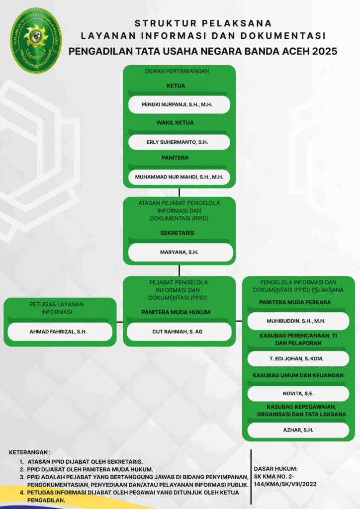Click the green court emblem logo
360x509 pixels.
(36, 40)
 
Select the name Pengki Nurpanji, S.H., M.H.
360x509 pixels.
(177, 104)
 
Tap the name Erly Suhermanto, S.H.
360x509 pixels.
(177, 142)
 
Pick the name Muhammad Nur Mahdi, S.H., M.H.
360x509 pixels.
(179, 177)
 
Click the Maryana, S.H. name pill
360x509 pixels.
(180, 252)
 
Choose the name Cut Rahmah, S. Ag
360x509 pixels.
(177, 332)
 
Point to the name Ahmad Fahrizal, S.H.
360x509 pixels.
(58, 332)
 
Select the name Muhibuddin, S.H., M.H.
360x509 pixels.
(296, 321)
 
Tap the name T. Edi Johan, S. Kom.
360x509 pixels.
(296, 359)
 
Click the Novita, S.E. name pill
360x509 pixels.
(298, 394)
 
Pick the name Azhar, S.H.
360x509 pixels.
(298, 430)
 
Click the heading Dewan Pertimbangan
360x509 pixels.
(177, 71)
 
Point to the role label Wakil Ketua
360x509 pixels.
(175, 123)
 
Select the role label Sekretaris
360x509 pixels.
(177, 233)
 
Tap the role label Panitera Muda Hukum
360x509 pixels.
(176, 312)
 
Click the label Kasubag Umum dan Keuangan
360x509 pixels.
(298, 375)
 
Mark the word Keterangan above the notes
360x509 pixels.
(29, 452)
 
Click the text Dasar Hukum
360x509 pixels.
(275, 469)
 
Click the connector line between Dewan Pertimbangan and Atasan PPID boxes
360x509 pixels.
(179, 192)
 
